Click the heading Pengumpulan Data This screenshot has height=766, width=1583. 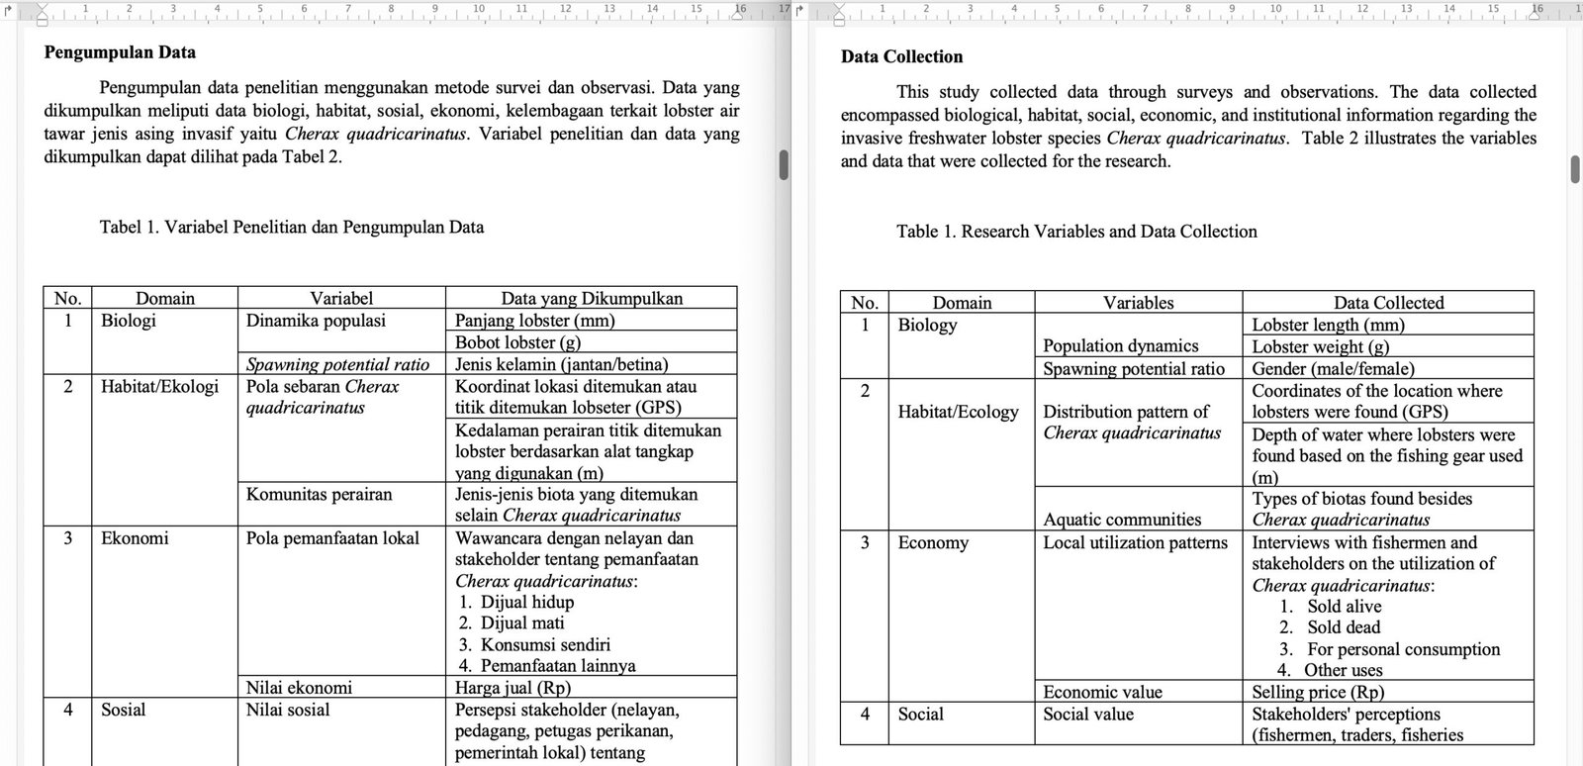point(120,52)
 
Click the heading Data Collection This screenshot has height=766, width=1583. point(901,56)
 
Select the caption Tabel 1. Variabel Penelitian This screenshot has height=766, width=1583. point(292,227)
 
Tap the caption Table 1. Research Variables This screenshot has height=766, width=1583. point(1076,232)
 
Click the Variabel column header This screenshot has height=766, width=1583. point(341,298)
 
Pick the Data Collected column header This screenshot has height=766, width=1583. point(1388,303)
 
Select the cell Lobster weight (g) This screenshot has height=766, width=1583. point(1320,346)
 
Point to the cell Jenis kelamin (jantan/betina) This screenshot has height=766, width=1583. point(561,364)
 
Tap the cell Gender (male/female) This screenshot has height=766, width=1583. point(1333,368)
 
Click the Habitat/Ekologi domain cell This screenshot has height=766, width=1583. point(159,386)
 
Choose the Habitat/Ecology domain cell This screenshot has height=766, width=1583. point(958,412)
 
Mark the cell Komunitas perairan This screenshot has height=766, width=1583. point(319,494)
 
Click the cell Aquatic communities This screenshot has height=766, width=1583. point(1122,520)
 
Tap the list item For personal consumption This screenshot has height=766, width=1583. point(1403,649)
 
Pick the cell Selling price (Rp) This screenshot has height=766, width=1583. point(1318,692)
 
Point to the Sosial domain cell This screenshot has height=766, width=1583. point(123,710)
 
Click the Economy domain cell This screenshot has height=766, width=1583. point(933,542)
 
